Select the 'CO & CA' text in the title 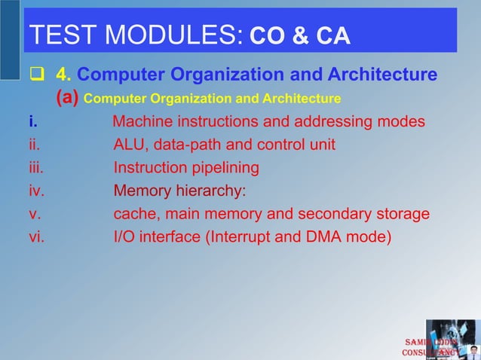pyautogui.click(x=299, y=36)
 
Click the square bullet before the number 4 pyautogui.click(x=36, y=75)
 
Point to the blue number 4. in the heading pyautogui.click(x=64, y=75)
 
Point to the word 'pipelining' pyautogui.click(x=223, y=168)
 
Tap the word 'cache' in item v pyautogui.click(x=134, y=214)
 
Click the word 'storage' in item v pyautogui.click(x=402, y=214)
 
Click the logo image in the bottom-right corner pyautogui.click(x=451, y=340)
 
